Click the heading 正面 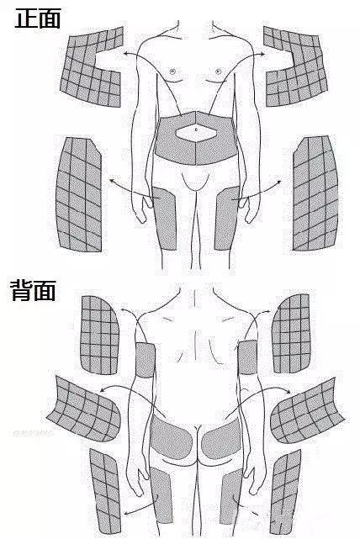[x=38, y=18]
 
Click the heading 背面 [x=34, y=290]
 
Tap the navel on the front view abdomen [x=196, y=129]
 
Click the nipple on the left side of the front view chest [x=172, y=71]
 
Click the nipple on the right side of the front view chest [x=218, y=71]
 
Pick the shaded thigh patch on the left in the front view [x=165, y=219]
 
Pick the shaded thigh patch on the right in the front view [x=227, y=219]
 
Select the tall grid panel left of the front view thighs [x=79, y=194]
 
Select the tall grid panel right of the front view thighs [x=315, y=193]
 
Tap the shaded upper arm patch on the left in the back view [x=146, y=360]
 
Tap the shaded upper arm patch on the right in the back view [x=247, y=357]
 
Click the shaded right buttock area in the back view [x=221, y=437]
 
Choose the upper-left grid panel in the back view [x=100, y=336]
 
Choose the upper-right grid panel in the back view [x=292, y=334]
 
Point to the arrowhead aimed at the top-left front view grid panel [x=126, y=53]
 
